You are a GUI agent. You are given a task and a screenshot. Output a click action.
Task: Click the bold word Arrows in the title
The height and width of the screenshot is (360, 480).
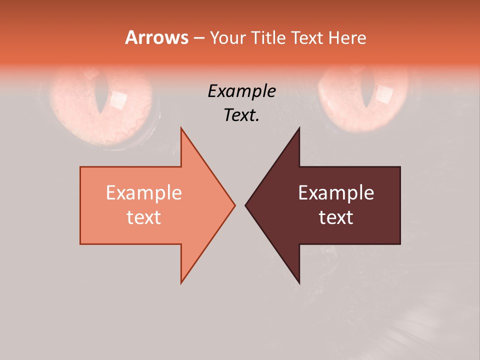click(x=157, y=37)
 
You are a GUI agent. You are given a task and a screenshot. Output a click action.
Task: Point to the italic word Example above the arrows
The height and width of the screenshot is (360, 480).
click(x=241, y=91)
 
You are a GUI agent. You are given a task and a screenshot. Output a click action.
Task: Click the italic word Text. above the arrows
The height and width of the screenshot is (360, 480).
click(x=241, y=115)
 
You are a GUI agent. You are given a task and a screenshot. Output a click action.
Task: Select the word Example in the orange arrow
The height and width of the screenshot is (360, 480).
click(x=144, y=192)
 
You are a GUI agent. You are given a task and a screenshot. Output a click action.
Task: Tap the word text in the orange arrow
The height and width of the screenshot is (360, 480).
click(x=144, y=217)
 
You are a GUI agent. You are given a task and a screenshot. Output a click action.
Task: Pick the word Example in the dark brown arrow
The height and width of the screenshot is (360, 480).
click(x=336, y=192)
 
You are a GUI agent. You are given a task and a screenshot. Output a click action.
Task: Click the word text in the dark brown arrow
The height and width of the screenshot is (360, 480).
click(x=336, y=217)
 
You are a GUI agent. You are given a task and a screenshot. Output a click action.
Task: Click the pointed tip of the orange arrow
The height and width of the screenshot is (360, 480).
click(x=234, y=205)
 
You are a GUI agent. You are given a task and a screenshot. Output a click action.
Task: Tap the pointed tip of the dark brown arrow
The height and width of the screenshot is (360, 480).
click(x=245, y=205)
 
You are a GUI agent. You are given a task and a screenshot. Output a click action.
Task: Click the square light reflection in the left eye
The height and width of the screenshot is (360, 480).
click(x=119, y=100)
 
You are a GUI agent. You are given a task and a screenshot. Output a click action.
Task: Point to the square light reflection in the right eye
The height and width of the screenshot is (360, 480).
click(x=384, y=93)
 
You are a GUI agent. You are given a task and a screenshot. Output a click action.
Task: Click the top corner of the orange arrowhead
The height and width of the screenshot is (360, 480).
click(x=181, y=128)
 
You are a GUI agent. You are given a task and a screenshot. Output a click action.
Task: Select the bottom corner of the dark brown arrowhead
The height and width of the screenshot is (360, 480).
click(x=299, y=282)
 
